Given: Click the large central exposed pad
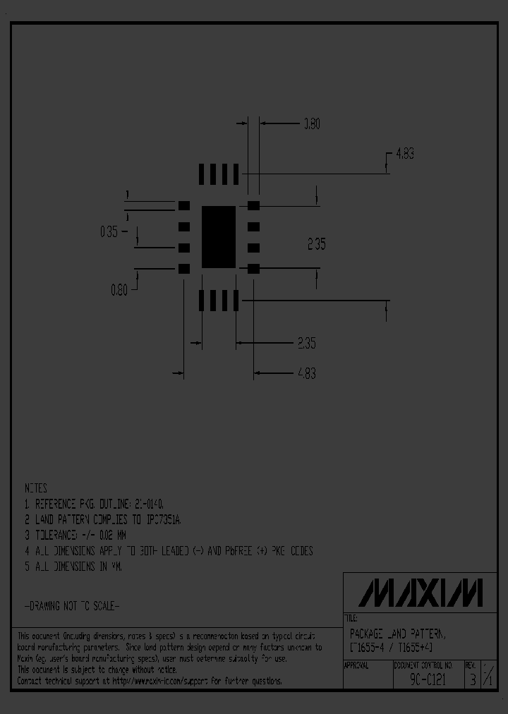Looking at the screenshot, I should [219, 237].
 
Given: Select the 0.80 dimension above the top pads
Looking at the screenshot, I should [311, 124].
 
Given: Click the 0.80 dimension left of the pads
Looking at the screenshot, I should [119, 290].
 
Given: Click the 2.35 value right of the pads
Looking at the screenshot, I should [316, 245].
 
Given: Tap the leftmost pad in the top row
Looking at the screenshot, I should [202, 174].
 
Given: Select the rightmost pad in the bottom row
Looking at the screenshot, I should [236, 301].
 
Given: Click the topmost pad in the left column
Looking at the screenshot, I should [184, 205].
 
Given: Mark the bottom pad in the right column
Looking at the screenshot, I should [254, 269].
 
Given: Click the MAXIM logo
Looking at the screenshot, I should [421, 593].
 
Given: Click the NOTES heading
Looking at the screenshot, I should [37, 488].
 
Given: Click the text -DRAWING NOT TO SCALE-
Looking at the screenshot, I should [73, 606].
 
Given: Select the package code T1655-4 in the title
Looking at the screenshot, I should [368, 648].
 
